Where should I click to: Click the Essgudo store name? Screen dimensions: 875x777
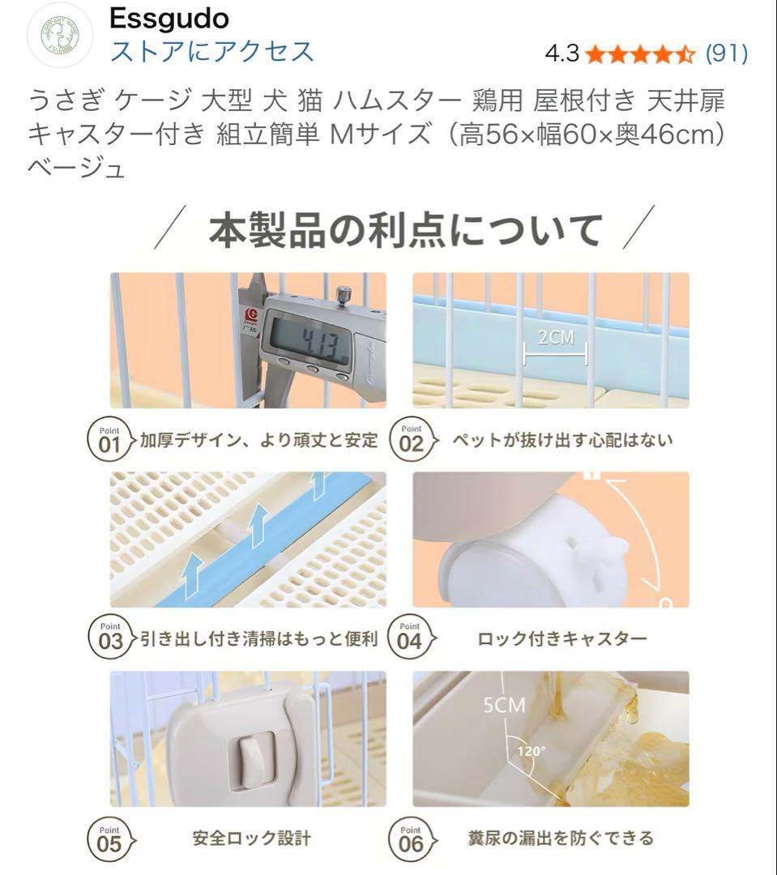pos(169,18)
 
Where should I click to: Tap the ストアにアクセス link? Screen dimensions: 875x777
pos(211,51)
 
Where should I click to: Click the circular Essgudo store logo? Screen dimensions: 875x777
pos(61,35)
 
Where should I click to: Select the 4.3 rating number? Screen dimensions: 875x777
pos(561,53)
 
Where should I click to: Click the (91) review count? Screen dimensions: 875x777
pos(726,53)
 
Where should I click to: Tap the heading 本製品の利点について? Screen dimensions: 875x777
pos(405,230)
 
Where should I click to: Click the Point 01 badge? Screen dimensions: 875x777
pos(109,440)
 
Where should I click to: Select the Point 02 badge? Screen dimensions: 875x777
pos(411,440)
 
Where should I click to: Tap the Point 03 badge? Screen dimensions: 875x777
pos(109,638)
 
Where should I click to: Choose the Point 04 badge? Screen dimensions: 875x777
pos(411,638)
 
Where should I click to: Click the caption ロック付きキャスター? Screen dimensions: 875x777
pos(561,639)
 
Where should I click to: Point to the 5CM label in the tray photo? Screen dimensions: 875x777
pos(504,706)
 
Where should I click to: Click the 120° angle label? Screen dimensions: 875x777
pos(532,750)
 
